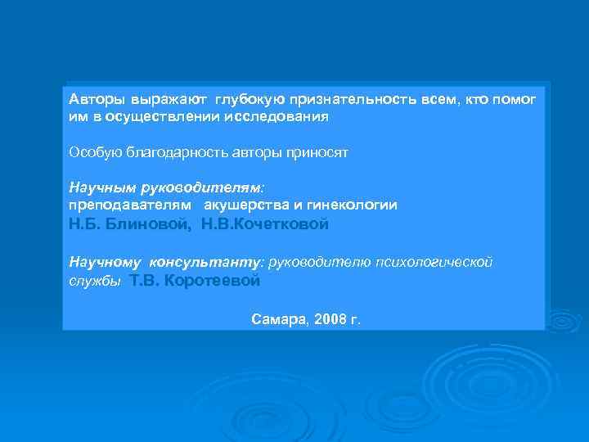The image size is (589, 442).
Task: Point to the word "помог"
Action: [516, 99]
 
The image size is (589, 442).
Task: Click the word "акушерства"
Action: [243, 205]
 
